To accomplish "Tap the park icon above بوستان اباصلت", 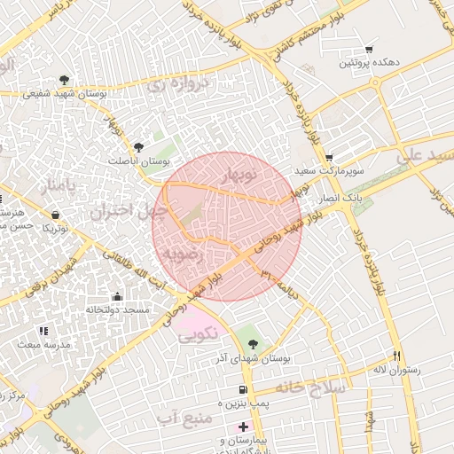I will click(137, 148).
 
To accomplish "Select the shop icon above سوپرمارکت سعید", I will click(328, 156).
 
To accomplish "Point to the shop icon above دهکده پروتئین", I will click(369, 50).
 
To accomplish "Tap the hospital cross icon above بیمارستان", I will click(244, 427).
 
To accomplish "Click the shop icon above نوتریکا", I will click(56, 215).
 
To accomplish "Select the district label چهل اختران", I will click(129, 211).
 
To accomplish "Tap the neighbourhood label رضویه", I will click(184, 254).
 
